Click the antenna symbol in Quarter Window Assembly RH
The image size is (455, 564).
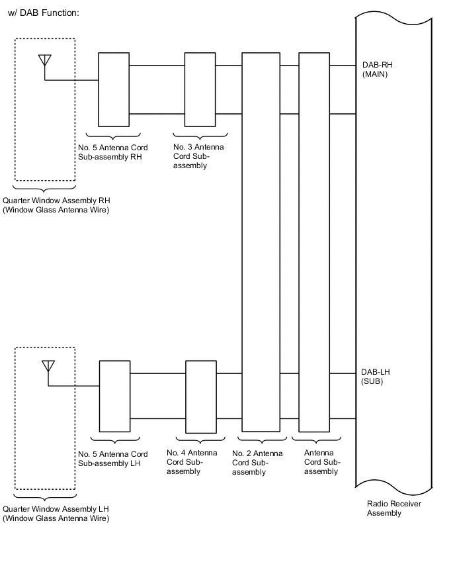[45, 60]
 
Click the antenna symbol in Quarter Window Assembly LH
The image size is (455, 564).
[48, 366]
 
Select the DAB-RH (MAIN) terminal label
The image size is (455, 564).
[378, 70]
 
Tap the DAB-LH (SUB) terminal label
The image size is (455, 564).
[376, 377]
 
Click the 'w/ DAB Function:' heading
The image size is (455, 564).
[43, 13]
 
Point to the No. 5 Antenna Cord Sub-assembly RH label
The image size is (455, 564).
[113, 152]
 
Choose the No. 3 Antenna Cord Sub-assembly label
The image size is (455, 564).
[198, 156]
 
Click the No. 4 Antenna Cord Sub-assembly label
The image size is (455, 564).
[192, 462]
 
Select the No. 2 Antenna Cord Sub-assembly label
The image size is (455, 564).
[257, 463]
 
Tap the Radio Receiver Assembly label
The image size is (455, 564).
[394, 508]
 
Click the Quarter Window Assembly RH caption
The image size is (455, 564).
[56, 205]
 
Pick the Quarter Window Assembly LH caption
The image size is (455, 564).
[56, 514]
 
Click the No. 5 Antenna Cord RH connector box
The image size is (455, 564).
[114, 89]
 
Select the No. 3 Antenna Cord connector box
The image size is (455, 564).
[200, 89]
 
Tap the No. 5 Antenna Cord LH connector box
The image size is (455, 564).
[114, 396]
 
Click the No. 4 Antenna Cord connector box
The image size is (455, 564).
[201, 397]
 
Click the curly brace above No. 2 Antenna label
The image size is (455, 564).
[263, 441]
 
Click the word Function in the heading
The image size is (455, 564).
[60, 13]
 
